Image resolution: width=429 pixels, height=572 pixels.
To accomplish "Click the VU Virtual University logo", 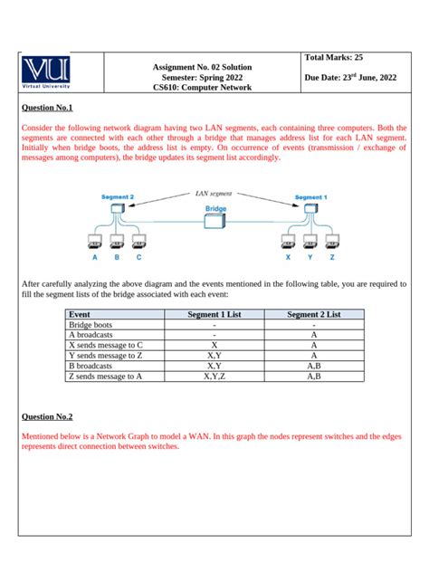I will [59, 74].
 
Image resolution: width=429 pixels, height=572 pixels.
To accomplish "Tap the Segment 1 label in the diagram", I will [311, 196].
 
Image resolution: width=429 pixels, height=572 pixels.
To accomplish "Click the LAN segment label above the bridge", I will [214, 193].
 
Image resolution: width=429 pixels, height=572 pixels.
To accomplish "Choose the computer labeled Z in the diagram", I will [332, 242].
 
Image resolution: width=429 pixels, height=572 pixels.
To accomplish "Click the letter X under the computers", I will [289, 257].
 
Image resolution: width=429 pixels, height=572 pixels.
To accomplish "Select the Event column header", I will [81, 314].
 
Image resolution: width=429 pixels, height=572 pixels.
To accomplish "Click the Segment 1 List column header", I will [214, 314].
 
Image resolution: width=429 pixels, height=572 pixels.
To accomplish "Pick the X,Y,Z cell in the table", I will [214, 376].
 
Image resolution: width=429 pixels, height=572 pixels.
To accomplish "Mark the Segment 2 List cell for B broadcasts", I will [313, 366].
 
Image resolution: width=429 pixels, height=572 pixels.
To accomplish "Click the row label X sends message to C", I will [107, 345].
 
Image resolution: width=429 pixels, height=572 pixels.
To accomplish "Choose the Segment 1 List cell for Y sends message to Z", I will [214, 356].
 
